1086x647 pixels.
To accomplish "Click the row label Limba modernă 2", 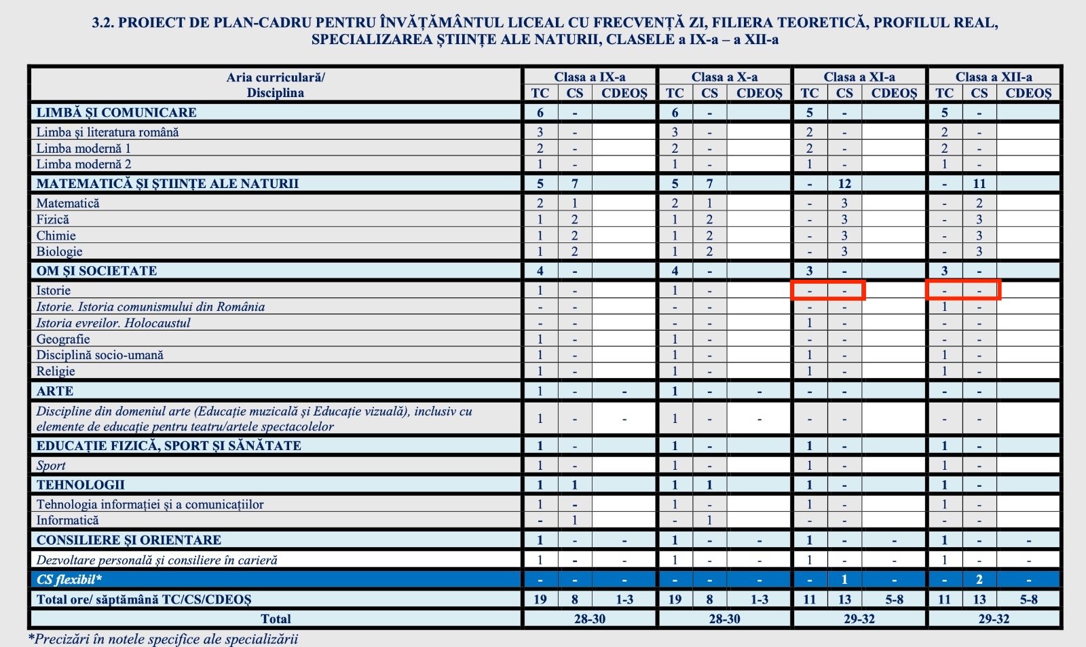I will tap(83, 164).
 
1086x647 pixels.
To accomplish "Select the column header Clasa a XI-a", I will tap(859, 77).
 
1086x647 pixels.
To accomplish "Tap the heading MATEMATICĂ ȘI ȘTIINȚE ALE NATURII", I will tap(167, 183).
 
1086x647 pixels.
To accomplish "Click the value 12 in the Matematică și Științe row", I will tap(844, 183).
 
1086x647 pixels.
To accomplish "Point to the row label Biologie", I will tap(59, 251).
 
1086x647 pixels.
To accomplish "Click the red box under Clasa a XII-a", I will tap(963, 290).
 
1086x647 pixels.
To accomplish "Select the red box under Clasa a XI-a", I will tap(828, 290).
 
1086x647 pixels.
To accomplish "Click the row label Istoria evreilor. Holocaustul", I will tap(113, 323).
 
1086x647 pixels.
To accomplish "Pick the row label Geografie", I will tap(62, 339).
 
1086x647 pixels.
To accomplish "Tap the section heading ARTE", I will tap(55, 391).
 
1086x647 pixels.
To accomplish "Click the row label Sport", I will tap(51, 466).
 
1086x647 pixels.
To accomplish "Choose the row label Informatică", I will tap(67, 520).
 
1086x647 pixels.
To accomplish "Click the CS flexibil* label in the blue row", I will tap(69, 580).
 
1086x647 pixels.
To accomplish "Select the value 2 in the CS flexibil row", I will tap(979, 580).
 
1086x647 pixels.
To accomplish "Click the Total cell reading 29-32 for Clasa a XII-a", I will tap(994, 619).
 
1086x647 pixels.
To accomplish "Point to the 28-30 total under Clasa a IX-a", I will tap(589, 619).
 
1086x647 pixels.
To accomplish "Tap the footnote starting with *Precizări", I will tap(163, 639).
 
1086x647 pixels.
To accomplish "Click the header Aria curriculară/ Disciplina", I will tap(275, 85).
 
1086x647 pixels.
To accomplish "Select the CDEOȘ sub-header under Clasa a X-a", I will tap(759, 93).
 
